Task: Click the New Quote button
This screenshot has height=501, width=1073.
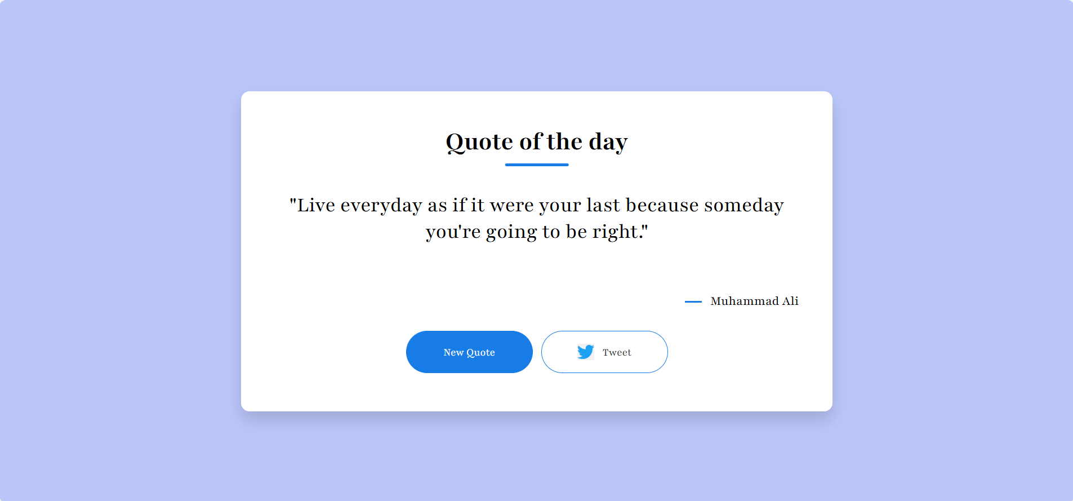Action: (x=469, y=352)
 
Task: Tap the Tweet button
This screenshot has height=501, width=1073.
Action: (x=604, y=352)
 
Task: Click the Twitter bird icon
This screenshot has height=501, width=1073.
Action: (x=586, y=352)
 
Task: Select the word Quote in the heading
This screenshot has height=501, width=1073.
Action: (x=479, y=142)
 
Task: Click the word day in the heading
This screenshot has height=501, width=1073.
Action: (x=608, y=142)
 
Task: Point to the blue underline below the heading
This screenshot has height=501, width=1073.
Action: (x=537, y=165)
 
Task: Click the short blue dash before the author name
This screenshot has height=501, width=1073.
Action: (x=693, y=302)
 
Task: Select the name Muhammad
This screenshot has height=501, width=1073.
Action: (x=745, y=301)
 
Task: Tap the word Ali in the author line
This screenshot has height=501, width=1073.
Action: (x=790, y=301)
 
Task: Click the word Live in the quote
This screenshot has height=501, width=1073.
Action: (x=316, y=205)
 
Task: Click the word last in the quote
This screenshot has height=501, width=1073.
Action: (x=603, y=205)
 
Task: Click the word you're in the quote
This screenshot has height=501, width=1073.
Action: (x=453, y=232)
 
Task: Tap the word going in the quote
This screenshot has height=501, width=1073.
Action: (x=511, y=232)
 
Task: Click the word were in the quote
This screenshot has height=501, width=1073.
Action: (x=512, y=206)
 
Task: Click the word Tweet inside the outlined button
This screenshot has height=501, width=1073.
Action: (x=617, y=352)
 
